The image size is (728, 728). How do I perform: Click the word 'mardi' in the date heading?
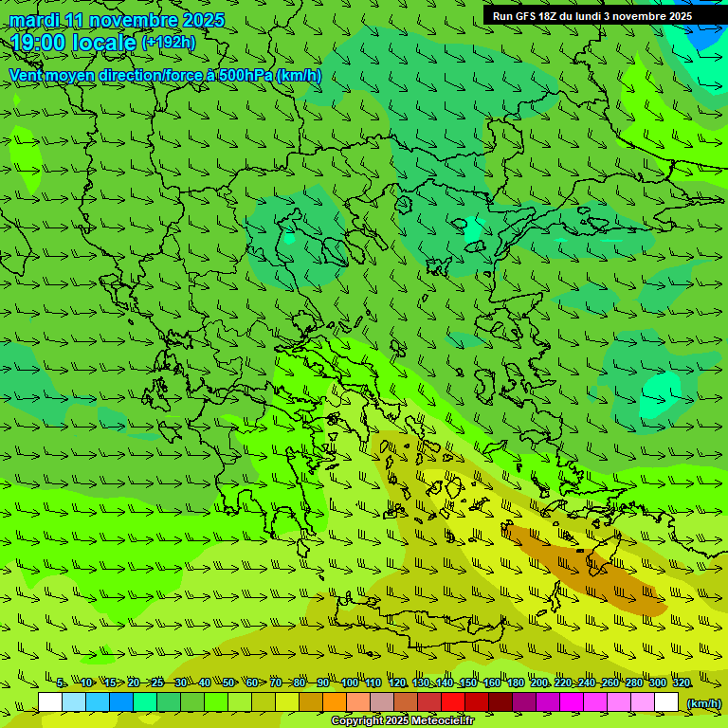coord(34,21)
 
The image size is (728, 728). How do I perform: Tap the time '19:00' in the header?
coord(39,43)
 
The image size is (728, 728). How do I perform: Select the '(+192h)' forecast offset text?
coord(168,43)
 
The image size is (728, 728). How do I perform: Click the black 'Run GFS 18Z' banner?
coord(591,16)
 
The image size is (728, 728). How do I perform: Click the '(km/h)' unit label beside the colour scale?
coord(702,703)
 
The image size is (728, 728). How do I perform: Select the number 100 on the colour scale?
coord(350,682)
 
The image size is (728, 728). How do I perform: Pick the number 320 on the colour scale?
coord(681,682)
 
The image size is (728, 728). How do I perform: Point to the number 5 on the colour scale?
coord(61,682)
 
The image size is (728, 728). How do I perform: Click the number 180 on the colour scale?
coord(515,682)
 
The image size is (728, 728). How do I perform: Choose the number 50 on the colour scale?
coord(228,682)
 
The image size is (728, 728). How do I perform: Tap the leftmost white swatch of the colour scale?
coord(50,702)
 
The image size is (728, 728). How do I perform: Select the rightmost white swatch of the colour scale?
coord(666,702)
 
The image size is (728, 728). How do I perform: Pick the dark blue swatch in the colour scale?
coord(121,702)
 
